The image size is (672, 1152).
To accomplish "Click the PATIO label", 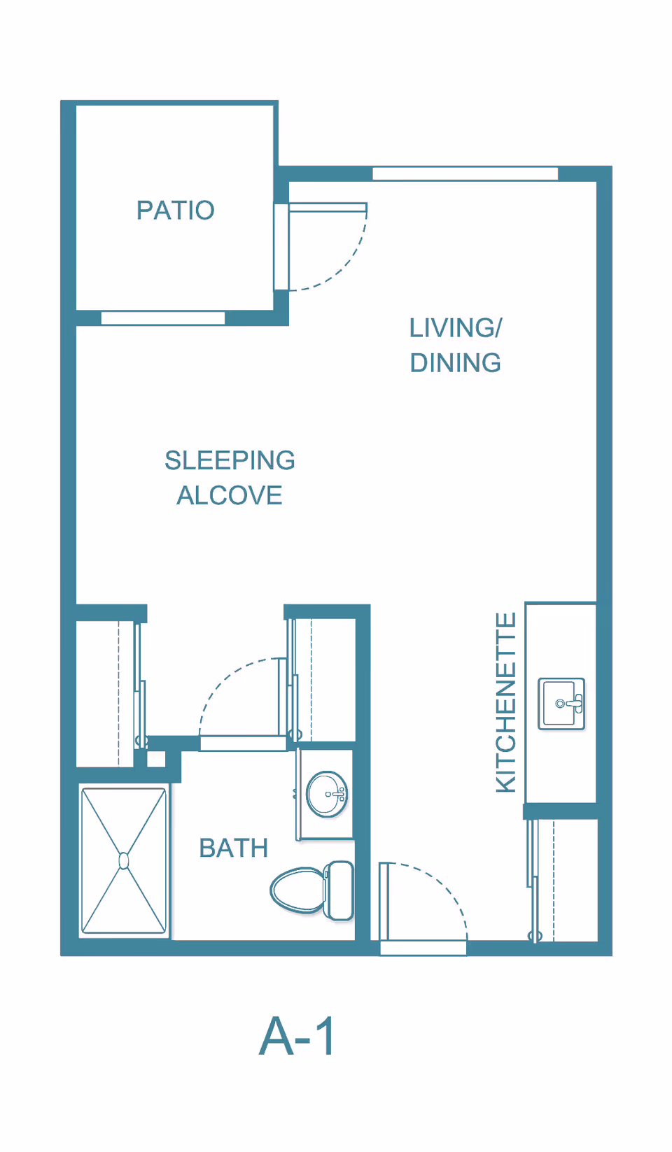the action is click(x=176, y=211).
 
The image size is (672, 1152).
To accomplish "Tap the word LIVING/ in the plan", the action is click(x=456, y=328).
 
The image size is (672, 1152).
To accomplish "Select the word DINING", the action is click(x=456, y=362).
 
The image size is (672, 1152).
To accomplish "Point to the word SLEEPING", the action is click(x=230, y=460).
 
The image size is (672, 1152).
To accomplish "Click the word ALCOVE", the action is click(x=230, y=495).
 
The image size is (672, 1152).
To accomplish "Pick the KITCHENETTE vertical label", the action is click(x=506, y=702).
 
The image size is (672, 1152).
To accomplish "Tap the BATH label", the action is click(x=234, y=848).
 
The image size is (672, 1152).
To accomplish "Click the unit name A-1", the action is click(x=297, y=1036).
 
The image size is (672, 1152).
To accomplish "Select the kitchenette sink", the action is click(x=561, y=704).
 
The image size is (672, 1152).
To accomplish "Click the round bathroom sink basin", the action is click(x=327, y=794).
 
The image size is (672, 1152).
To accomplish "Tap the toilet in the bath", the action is click(x=311, y=890).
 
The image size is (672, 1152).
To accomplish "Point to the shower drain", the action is click(x=124, y=861).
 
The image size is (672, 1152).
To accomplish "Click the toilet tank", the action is click(x=339, y=890).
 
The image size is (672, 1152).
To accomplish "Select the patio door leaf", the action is click(x=328, y=208).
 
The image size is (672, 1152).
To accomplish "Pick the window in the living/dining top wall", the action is click(x=465, y=174).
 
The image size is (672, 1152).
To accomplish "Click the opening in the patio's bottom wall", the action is click(x=163, y=318).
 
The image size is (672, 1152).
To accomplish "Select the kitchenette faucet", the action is click(x=570, y=703).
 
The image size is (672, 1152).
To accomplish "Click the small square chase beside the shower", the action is click(x=156, y=759).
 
